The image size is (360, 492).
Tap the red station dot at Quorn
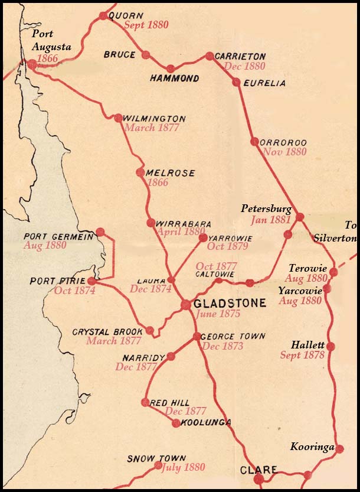[104, 15]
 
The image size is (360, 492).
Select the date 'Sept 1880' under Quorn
[146, 25]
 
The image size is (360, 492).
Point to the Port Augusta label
[51, 40]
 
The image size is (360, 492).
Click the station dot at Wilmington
[118, 118]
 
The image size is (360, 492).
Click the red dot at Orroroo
[254, 142]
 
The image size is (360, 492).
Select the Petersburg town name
[266, 209]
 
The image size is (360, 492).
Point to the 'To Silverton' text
[345, 232]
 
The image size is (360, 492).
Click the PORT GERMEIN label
[58, 236]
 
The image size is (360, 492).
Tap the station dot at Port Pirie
[91, 281]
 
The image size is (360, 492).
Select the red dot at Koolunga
[175, 423]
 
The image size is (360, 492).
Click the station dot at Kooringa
[339, 449]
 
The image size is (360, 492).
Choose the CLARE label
[258, 470]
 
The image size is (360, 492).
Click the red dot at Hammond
[171, 69]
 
